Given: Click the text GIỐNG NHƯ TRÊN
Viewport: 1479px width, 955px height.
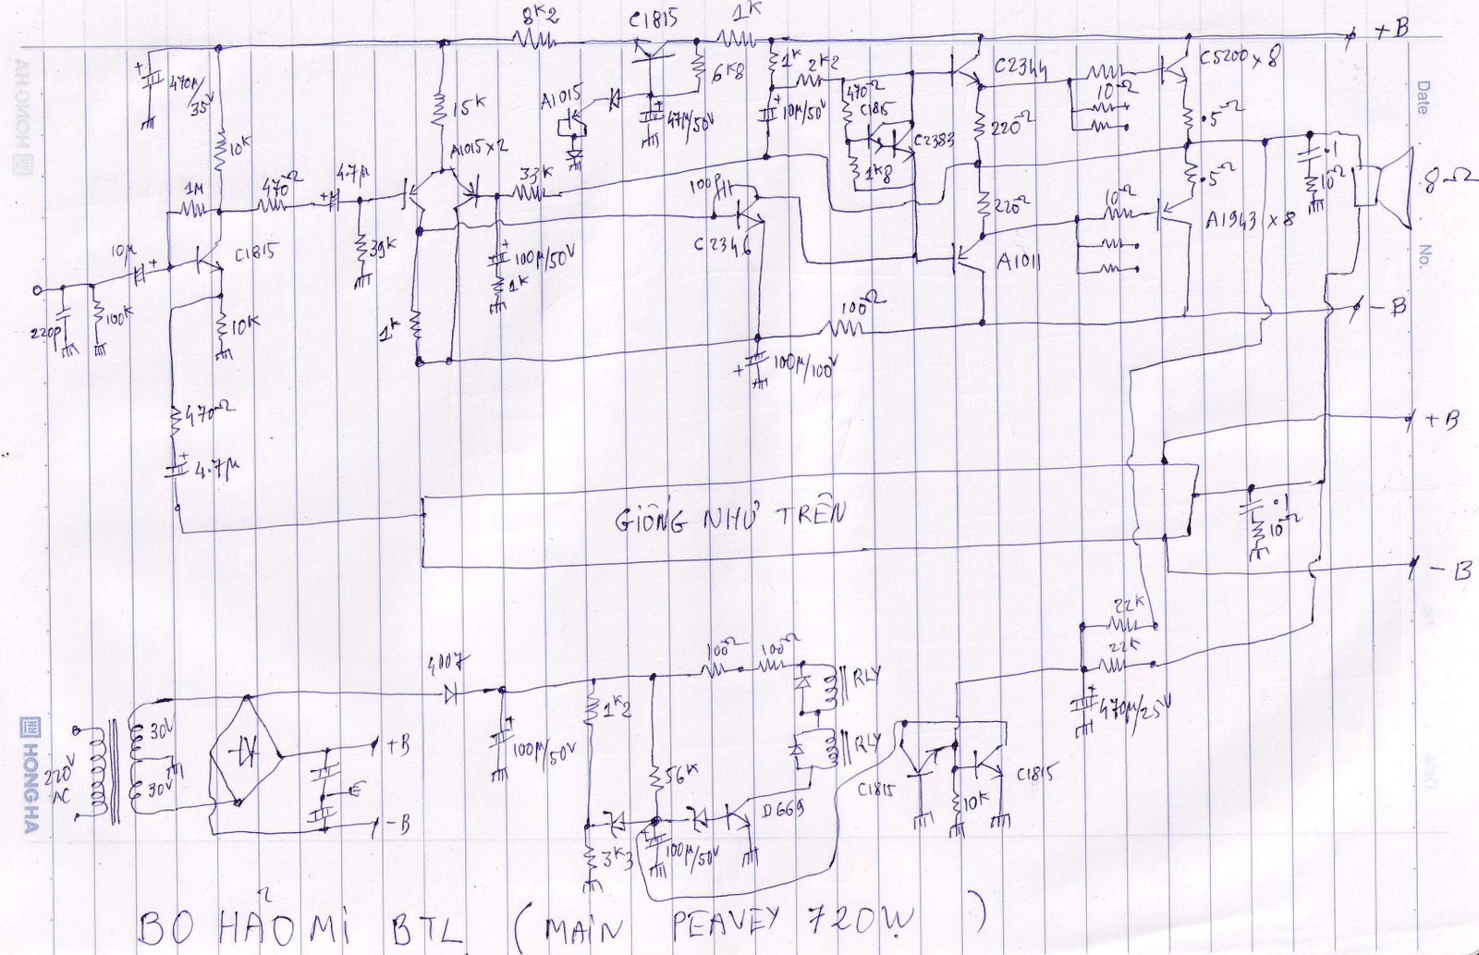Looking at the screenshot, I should pyautogui.click(x=730, y=517).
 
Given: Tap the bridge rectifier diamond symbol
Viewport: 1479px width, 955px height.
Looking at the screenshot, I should pyautogui.click(x=247, y=754).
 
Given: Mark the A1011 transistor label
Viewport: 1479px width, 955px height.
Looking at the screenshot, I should pyautogui.click(x=1019, y=262).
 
